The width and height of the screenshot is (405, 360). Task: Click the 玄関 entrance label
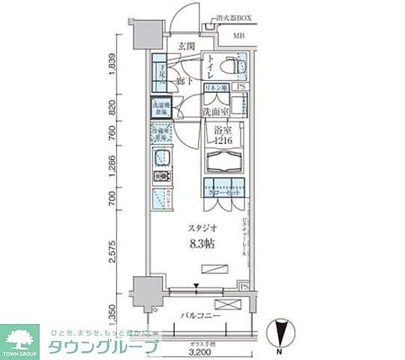[186, 46]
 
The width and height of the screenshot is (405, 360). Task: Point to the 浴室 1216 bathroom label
[219, 134]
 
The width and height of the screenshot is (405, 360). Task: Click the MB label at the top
[238, 34]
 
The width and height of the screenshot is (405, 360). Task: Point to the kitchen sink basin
[160, 159]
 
